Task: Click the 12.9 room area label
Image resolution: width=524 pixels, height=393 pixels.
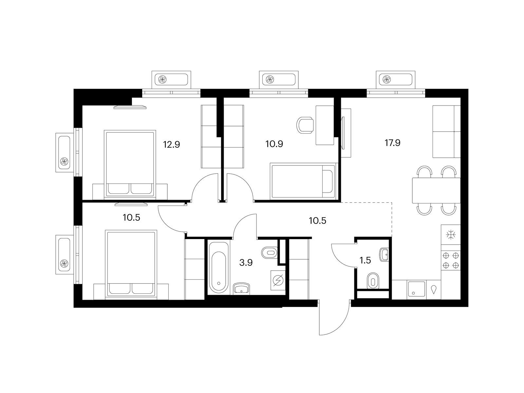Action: tap(171, 145)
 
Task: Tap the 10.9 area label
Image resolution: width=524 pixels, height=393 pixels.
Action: tap(274, 144)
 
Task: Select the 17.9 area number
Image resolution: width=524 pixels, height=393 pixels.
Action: tap(392, 143)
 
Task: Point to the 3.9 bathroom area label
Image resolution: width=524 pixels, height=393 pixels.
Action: tap(246, 263)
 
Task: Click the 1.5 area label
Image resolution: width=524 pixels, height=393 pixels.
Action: tap(365, 260)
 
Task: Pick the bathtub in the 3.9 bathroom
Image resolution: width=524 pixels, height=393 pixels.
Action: tap(218, 268)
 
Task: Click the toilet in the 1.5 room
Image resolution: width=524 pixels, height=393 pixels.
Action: tap(373, 281)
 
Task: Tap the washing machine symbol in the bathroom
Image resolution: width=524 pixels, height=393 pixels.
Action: tap(278, 280)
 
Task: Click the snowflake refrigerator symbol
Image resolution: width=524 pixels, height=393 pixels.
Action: tap(451, 234)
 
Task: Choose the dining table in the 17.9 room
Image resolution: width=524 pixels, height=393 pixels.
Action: tap(436, 190)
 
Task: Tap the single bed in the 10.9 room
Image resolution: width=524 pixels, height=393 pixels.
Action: tap(303, 181)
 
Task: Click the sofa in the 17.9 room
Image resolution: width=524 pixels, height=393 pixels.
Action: tap(446, 131)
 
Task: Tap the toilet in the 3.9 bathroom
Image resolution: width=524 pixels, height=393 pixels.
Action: tap(270, 253)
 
